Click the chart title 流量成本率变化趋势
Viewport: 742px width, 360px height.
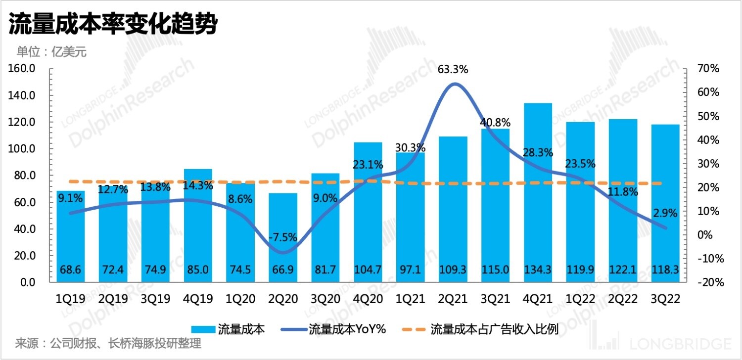[113, 24]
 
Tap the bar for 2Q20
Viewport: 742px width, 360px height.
[283, 237]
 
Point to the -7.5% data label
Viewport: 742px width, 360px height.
[283, 237]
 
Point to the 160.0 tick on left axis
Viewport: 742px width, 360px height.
[21, 69]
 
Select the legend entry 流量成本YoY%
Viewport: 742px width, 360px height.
[347, 329]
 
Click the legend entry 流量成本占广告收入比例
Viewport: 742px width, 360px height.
[494, 329]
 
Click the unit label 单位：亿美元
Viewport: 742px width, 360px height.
[51, 51]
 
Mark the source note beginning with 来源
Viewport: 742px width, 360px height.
[108, 343]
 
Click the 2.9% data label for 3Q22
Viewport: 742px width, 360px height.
[666, 213]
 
